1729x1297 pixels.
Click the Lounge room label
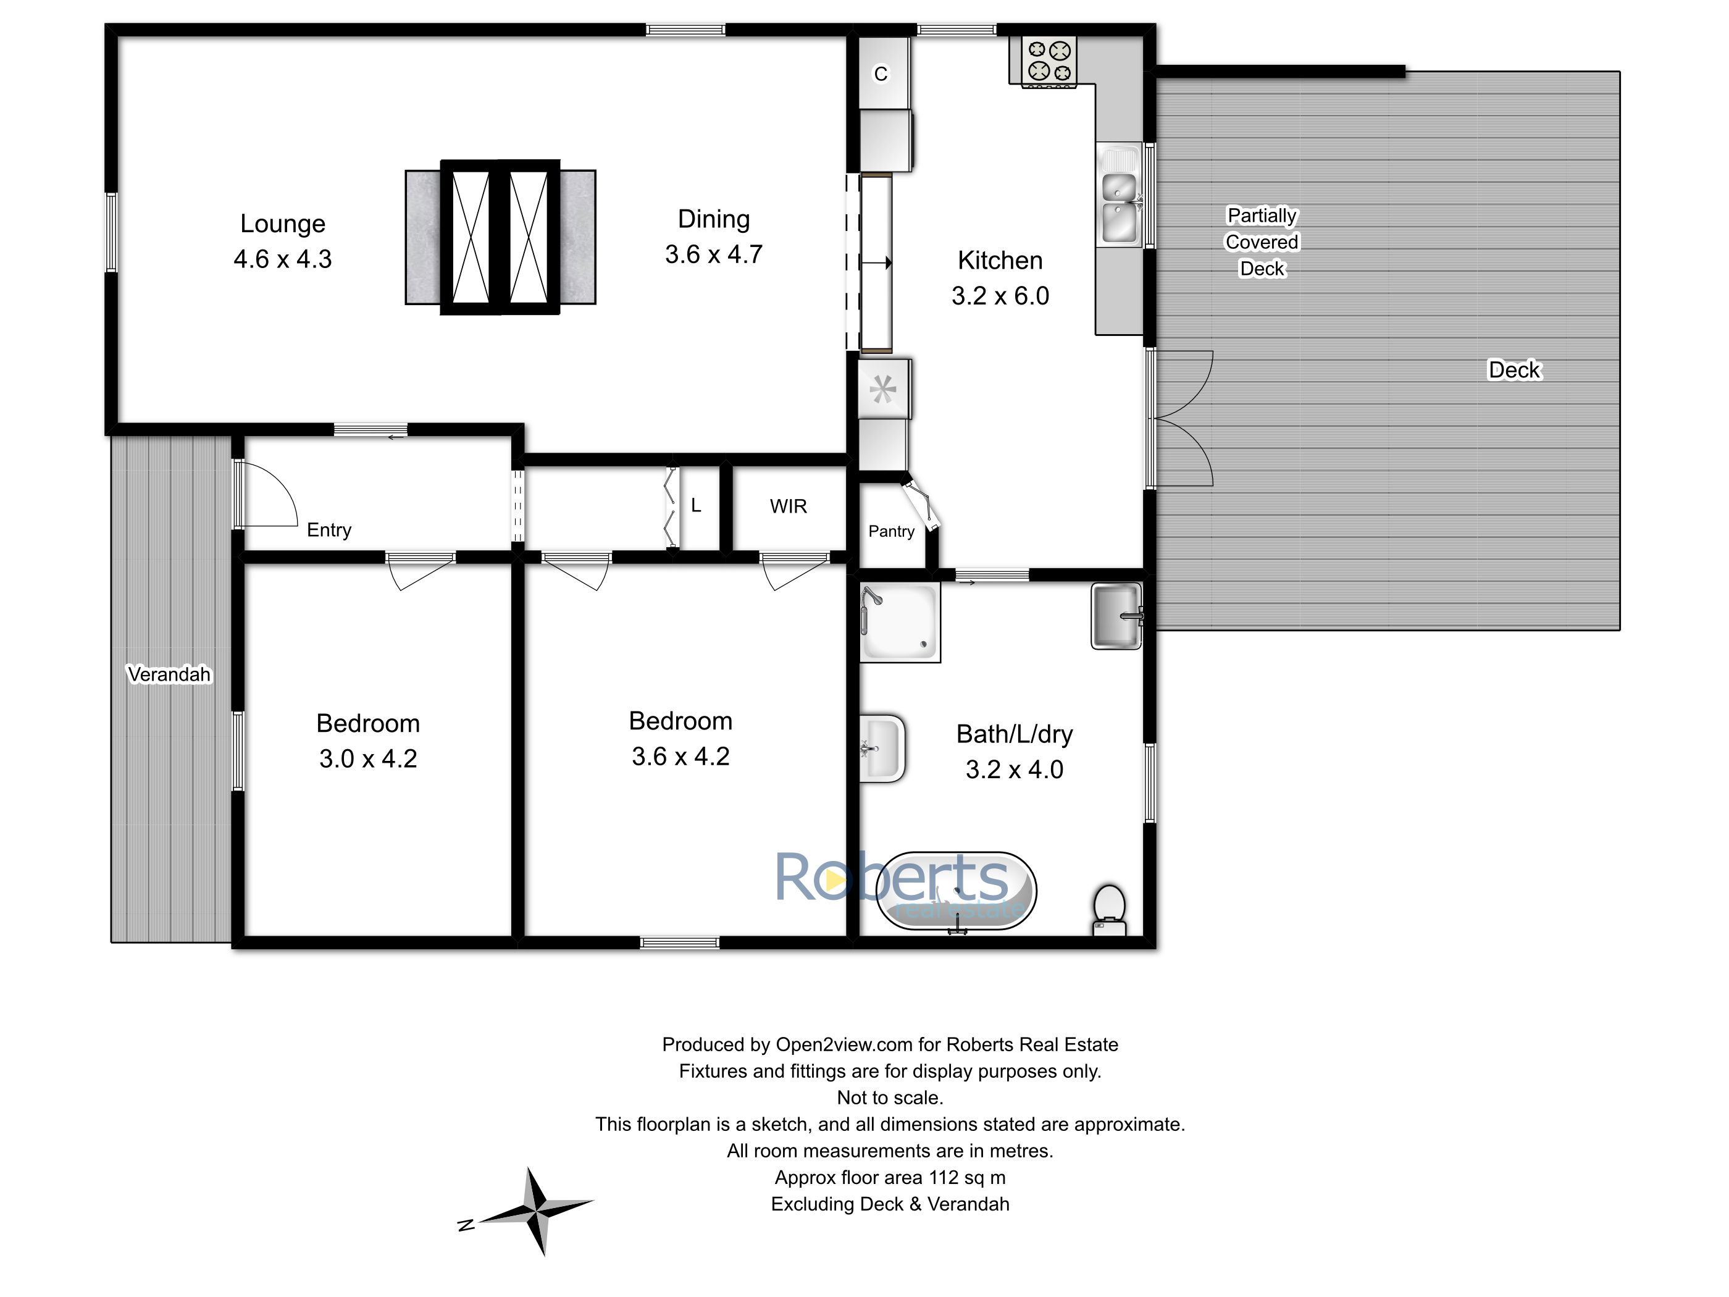[x=282, y=224]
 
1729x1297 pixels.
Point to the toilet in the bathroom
[x=1109, y=909]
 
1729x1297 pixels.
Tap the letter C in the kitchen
[x=881, y=74]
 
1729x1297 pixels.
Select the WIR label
[x=788, y=506]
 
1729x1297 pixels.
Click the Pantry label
[x=891, y=532]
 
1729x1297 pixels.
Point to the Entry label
[x=329, y=530]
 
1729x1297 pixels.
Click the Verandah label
[x=169, y=674]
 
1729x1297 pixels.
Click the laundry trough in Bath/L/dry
[x=1116, y=616]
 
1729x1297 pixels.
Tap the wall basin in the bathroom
[x=882, y=748]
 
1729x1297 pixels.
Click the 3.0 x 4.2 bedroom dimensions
[x=367, y=759]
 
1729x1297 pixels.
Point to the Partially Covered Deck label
[x=1262, y=241]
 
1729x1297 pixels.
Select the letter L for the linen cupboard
[x=696, y=506]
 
